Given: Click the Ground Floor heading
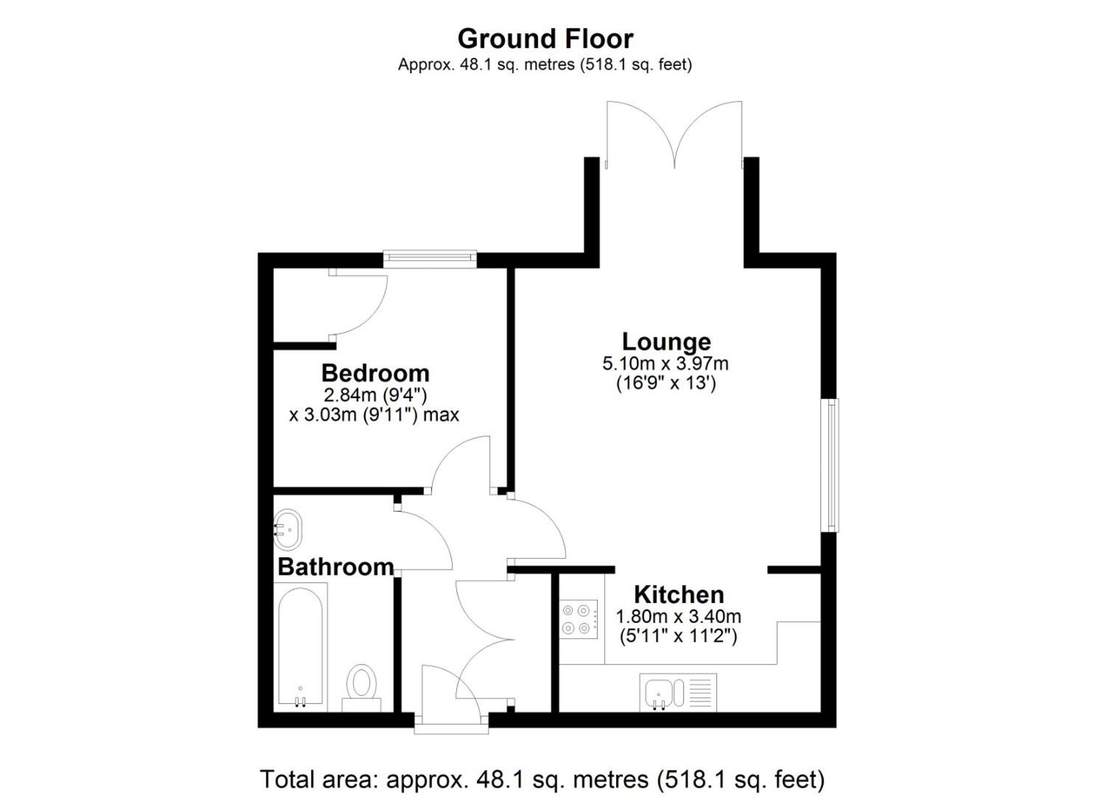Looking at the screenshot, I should (x=545, y=39).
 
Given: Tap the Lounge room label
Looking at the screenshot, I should (x=666, y=342).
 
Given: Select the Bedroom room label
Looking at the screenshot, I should (x=375, y=374).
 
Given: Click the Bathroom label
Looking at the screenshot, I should (x=335, y=567).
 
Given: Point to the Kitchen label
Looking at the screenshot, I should (x=679, y=595).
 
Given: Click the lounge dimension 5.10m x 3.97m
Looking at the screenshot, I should (x=665, y=364).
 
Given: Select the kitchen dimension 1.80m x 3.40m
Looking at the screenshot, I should (x=678, y=617).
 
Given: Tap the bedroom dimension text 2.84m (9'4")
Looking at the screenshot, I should (x=375, y=395).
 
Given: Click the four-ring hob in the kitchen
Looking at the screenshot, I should (x=578, y=619).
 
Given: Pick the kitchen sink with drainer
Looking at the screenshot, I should (x=678, y=693).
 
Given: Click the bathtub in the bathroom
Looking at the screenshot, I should (x=300, y=647).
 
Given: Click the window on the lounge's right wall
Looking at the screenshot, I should (x=831, y=465).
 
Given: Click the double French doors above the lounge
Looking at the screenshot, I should (x=674, y=134).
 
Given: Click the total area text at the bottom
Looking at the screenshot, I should (x=542, y=779).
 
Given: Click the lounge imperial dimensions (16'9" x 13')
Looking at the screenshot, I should (x=666, y=384).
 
